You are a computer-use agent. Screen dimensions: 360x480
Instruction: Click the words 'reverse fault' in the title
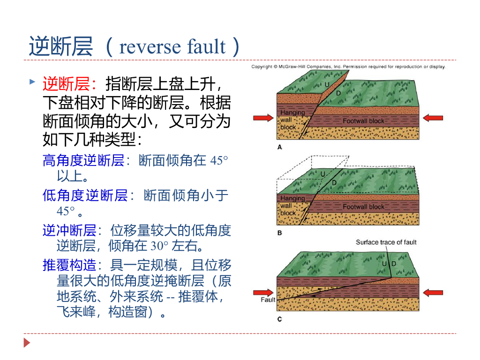pos(172,47)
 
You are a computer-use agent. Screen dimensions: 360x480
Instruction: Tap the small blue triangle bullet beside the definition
pos(32,82)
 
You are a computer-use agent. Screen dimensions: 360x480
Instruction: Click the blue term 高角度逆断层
pos(83,161)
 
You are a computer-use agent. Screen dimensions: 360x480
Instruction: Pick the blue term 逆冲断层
pos(69,230)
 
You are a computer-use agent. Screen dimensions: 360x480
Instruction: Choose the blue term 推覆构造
pos(69,265)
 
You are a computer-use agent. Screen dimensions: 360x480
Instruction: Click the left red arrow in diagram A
pos(262,118)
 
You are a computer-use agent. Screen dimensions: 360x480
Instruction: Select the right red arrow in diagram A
pos(433,117)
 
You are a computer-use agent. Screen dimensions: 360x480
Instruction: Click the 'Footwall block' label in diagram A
pos(363,121)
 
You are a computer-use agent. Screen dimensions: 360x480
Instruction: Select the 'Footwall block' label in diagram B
pos(363,207)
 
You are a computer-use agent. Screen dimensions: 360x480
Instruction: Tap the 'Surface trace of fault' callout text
pos(386,242)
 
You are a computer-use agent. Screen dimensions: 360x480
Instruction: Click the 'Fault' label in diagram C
pos(268,300)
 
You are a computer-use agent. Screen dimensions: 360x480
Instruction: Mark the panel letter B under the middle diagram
pos(280,232)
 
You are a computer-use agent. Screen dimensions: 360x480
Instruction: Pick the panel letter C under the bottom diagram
pos(280,320)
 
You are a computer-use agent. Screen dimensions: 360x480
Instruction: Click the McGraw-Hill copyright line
pos(348,67)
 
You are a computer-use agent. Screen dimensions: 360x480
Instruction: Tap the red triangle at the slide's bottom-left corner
pos(27,343)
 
